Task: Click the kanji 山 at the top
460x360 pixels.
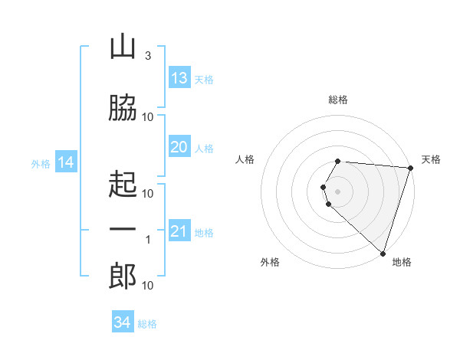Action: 123,46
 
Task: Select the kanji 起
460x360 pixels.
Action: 123,184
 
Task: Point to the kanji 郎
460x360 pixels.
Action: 123,276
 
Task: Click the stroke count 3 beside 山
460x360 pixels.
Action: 148,56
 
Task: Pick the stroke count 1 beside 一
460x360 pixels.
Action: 148,240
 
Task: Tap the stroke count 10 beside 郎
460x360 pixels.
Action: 147,286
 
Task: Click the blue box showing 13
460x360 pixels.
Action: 179,77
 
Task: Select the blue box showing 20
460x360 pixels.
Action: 179,146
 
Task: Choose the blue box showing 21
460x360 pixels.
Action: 179,230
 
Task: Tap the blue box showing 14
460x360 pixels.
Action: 66,162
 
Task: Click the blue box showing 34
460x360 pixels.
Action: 123,321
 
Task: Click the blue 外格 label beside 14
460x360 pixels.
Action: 41,164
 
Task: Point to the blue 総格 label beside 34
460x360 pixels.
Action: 147,324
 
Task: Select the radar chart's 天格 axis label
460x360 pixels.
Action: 431,159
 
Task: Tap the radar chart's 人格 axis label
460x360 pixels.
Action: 245,159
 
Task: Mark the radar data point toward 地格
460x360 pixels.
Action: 383,254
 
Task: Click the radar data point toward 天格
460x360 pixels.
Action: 411,168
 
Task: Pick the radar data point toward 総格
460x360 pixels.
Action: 337,162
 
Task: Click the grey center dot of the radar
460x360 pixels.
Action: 337,191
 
